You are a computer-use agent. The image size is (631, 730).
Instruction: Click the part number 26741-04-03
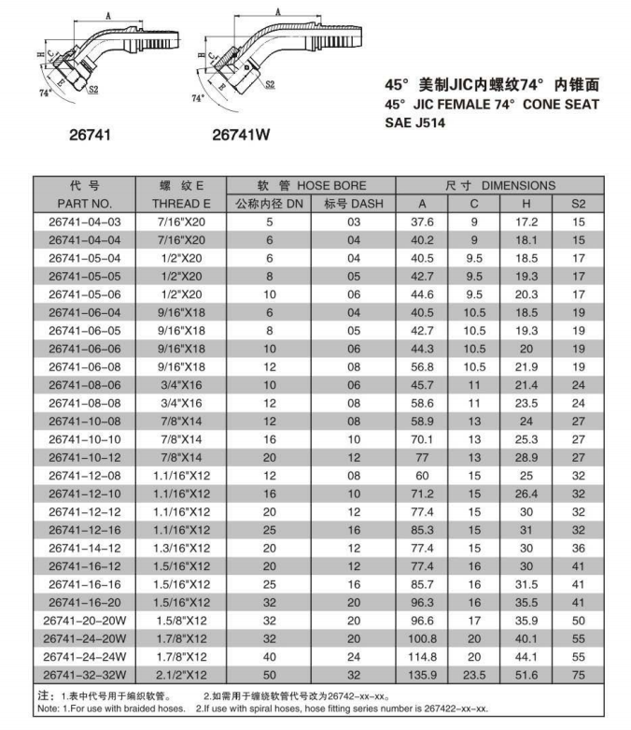coord(85,222)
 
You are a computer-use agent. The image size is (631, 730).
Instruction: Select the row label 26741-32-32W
coord(85,673)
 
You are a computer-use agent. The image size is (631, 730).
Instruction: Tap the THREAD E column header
coord(182,203)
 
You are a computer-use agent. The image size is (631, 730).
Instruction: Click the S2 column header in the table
coord(579,203)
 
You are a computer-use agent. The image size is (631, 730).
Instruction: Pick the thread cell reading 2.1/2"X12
coord(182,673)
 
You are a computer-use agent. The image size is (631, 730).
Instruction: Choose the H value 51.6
coord(527,673)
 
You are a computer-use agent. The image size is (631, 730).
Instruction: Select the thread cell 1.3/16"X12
coord(182,547)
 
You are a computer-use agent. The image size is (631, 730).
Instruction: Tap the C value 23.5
coord(474,673)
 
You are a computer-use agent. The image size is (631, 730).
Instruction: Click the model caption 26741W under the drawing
coord(241,135)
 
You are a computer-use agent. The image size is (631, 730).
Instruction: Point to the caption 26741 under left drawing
coord(91,135)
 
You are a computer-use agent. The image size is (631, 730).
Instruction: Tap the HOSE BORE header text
coord(332,185)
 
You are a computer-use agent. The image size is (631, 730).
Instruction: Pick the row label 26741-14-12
coord(85,547)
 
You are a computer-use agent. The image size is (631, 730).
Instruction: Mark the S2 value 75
coord(579,673)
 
